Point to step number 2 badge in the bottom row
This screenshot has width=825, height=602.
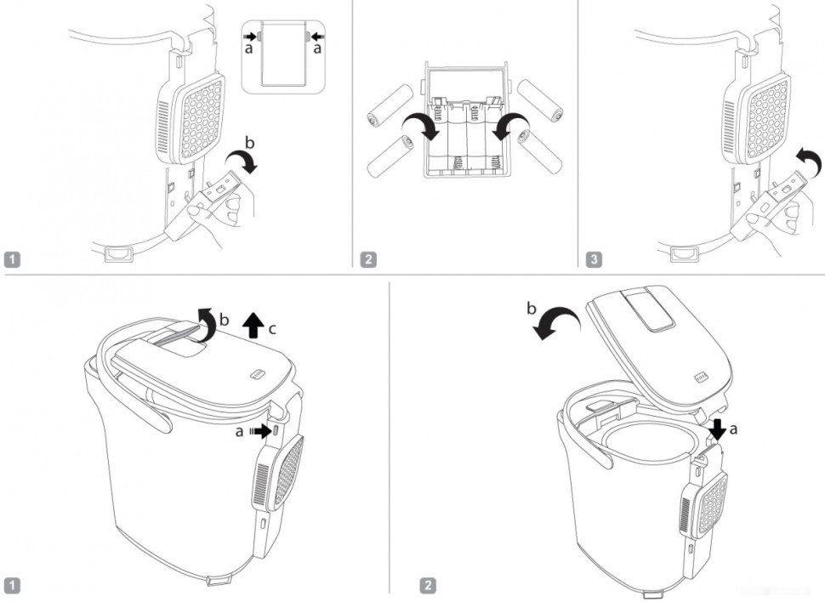(x=429, y=584)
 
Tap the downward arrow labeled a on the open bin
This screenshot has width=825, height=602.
(x=718, y=427)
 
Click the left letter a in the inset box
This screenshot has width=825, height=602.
(x=248, y=50)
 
